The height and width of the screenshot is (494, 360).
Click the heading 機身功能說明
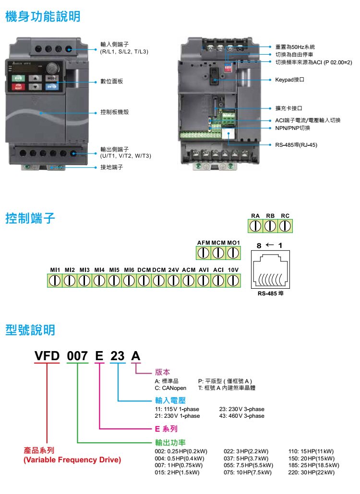click(43, 17)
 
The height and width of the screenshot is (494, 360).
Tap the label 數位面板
click(111, 82)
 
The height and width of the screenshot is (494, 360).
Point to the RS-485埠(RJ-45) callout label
click(296, 144)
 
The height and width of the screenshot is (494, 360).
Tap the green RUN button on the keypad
click(18, 78)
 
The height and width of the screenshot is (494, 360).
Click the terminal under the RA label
click(256, 226)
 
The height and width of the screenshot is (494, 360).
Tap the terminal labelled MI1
click(54, 281)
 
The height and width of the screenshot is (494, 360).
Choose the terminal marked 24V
click(173, 281)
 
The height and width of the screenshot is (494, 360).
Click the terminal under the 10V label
click(233, 281)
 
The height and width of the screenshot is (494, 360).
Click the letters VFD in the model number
click(47, 356)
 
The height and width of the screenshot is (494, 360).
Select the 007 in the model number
click(77, 356)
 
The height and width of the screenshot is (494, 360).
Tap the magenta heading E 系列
click(166, 428)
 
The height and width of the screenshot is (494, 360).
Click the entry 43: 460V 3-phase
click(241, 416)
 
